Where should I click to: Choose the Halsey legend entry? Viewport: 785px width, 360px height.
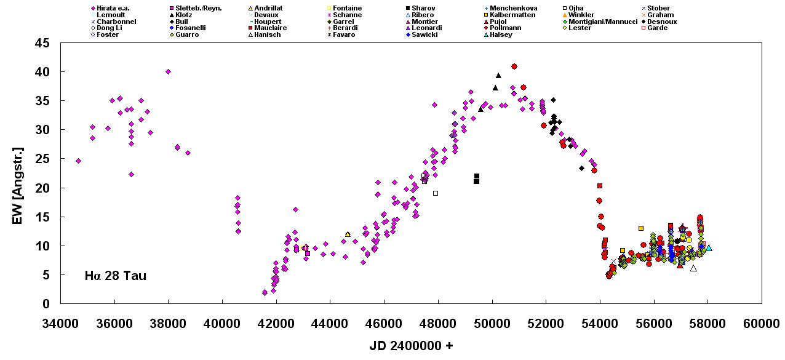point(500,35)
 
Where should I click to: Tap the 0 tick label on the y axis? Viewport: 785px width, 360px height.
point(46,304)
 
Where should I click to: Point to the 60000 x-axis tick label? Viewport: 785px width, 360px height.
point(761,323)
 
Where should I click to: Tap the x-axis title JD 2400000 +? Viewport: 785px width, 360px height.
point(411,346)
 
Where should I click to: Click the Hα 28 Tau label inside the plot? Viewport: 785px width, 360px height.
point(116,276)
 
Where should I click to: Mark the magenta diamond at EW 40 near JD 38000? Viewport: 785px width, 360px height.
point(168,71)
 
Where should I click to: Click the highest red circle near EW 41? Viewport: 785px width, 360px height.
point(514,66)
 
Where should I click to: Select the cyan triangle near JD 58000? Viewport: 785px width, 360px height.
point(709,248)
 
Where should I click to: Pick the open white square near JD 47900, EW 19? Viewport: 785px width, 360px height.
point(435,193)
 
